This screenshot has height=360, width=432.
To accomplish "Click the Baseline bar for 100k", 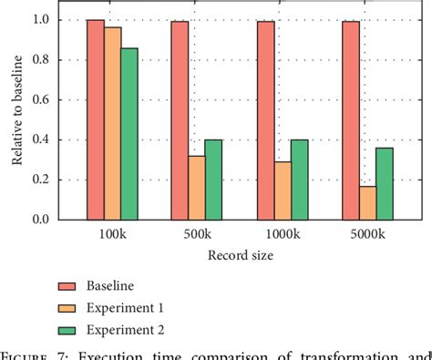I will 96,119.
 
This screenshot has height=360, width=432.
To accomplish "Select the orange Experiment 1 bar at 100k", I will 112,123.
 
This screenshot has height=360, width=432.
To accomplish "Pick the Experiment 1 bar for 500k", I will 196,188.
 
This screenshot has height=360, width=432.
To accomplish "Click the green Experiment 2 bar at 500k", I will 212,180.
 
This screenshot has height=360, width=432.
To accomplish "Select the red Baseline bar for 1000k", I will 265,120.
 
